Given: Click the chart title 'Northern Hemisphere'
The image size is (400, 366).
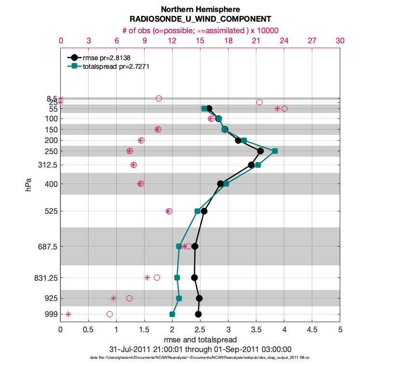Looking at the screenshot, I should [200, 9].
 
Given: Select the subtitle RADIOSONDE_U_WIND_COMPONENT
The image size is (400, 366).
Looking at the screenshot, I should [200, 19].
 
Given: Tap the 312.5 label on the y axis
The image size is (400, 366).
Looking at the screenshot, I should [47, 165].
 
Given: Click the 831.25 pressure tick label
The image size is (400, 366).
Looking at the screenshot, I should [47, 278].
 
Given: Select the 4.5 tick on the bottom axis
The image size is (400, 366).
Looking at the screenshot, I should [312, 330].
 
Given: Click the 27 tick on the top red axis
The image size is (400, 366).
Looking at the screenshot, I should [312, 41].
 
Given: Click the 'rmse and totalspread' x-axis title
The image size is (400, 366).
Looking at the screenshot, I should [200, 340].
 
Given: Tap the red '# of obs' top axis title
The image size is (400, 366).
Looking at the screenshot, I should [200, 30].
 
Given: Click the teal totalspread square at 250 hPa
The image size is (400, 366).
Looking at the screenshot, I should [275, 151].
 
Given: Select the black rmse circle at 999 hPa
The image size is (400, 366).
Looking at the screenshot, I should [198, 314].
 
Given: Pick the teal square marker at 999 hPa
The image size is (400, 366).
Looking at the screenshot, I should [172, 314].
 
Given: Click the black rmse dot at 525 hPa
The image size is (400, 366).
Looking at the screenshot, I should [204, 211].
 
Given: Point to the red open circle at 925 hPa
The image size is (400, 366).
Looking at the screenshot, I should [129, 298].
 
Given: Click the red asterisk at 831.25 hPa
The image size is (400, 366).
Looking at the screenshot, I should [147, 277].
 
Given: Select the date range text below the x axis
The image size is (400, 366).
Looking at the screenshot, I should [200, 349].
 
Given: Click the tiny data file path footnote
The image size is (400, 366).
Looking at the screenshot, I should [200, 358].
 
